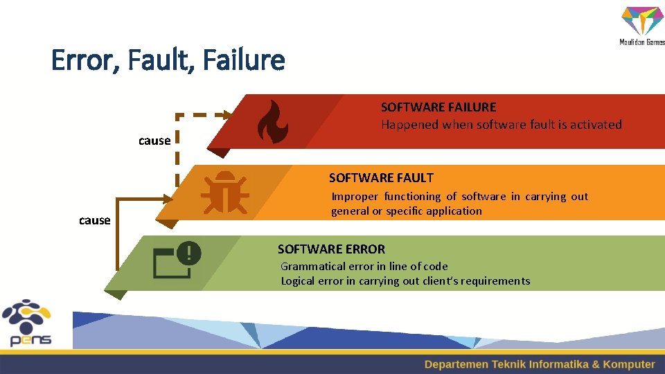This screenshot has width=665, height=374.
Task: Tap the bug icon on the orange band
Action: tap(224, 192)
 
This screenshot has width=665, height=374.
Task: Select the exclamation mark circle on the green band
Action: tap(188, 253)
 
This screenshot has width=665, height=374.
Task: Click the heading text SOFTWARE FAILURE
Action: tap(438, 107)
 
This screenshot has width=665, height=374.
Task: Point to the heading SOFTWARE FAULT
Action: tap(381, 178)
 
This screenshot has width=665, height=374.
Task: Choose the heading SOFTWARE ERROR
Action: tap(331, 249)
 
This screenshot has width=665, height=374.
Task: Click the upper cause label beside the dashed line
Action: tap(154, 141)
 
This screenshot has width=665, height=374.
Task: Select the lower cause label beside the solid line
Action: tap(95, 220)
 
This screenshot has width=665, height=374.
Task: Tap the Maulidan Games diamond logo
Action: tap(642, 21)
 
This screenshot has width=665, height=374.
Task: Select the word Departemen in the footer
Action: tap(456, 364)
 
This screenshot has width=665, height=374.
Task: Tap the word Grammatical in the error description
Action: tap(310, 266)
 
